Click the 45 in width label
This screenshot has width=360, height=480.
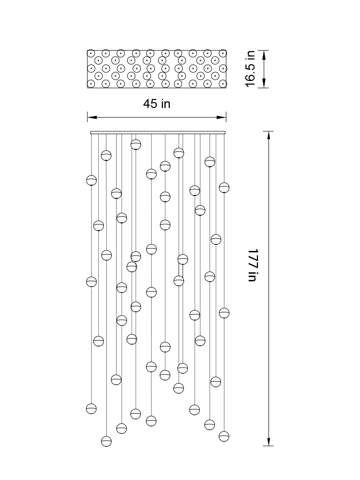(157, 104)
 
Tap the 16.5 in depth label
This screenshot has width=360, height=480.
(250, 69)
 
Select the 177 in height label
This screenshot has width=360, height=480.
(253, 265)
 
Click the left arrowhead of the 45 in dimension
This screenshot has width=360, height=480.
(92, 117)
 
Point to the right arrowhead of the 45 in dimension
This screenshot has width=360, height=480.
(222, 117)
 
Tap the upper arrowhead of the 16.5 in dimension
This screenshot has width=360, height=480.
(264, 54)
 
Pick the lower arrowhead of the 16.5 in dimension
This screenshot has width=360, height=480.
(264, 84)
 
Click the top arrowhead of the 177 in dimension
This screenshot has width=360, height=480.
(269, 136)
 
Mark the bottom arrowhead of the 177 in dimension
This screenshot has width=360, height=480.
(269, 441)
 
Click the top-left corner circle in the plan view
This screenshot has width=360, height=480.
(91, 53)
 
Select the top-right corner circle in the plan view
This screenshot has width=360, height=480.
(223, 53)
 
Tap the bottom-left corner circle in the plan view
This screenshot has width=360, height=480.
(91, 84)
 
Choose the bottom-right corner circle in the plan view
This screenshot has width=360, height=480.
(223, 84)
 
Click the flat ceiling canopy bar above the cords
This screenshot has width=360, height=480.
(158, 132)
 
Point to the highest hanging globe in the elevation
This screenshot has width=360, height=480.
(136, 145)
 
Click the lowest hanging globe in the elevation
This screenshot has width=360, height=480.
(106, 441)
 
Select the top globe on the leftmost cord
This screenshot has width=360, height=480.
(91, 180)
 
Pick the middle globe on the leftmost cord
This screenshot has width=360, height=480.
(91, 282)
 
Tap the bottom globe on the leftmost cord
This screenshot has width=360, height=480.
(91, 409)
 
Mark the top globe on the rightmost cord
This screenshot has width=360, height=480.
(224, 188)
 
